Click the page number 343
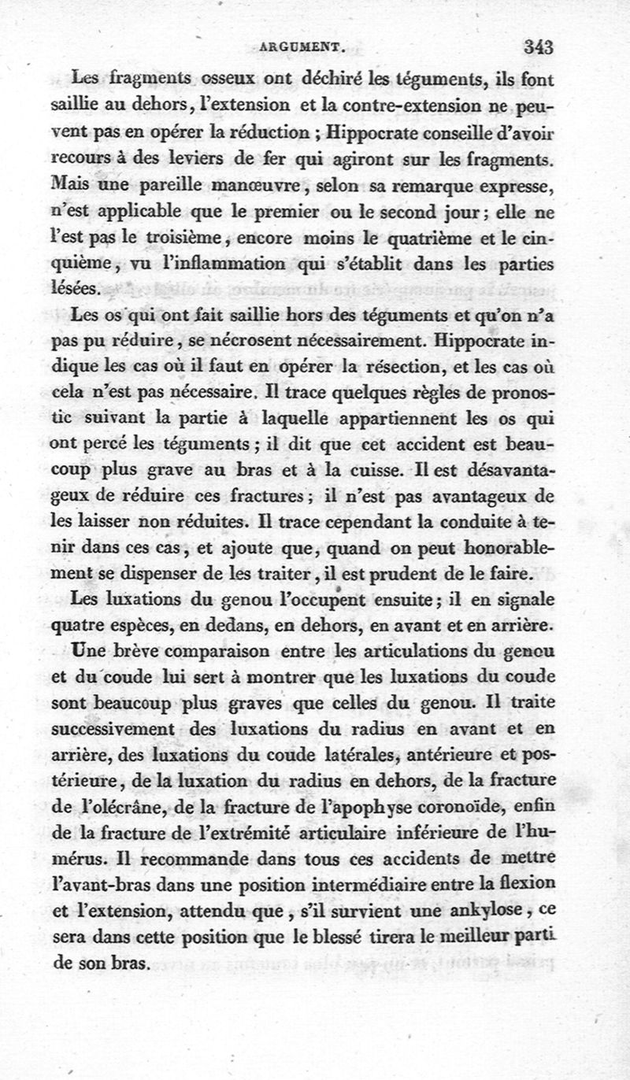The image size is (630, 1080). click(539, 46)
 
